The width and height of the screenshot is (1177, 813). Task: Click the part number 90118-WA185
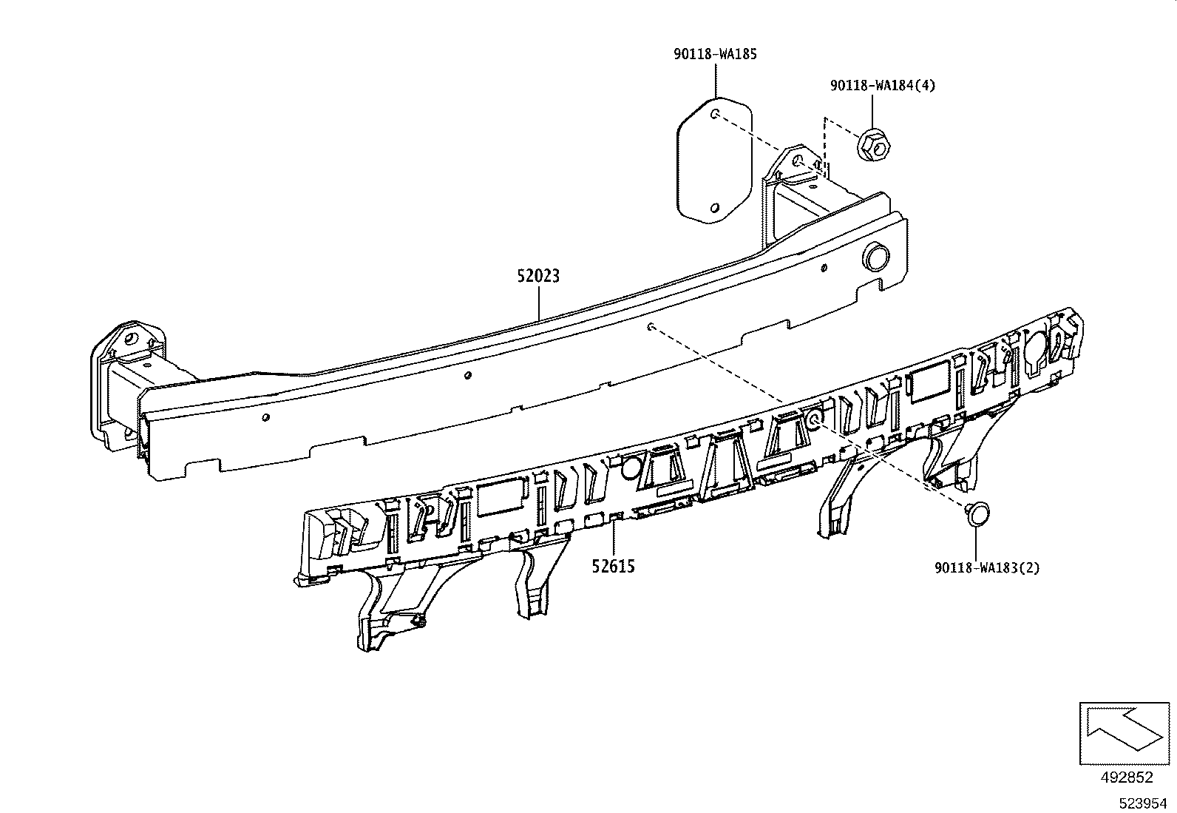pos(715,54)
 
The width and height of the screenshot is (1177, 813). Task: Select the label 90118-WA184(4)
pos(882,86)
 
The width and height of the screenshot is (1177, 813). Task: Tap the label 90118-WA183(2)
pos(987,568)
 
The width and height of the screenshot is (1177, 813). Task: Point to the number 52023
pos(538,277)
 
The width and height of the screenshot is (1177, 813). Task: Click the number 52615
pos(613,567)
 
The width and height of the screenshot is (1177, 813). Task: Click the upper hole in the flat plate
pos(716,114)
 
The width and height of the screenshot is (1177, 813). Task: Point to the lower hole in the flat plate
pos(714,208)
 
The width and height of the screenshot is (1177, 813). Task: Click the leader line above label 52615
pos(613,539)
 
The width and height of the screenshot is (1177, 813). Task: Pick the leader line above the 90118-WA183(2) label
pos(977,543)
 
